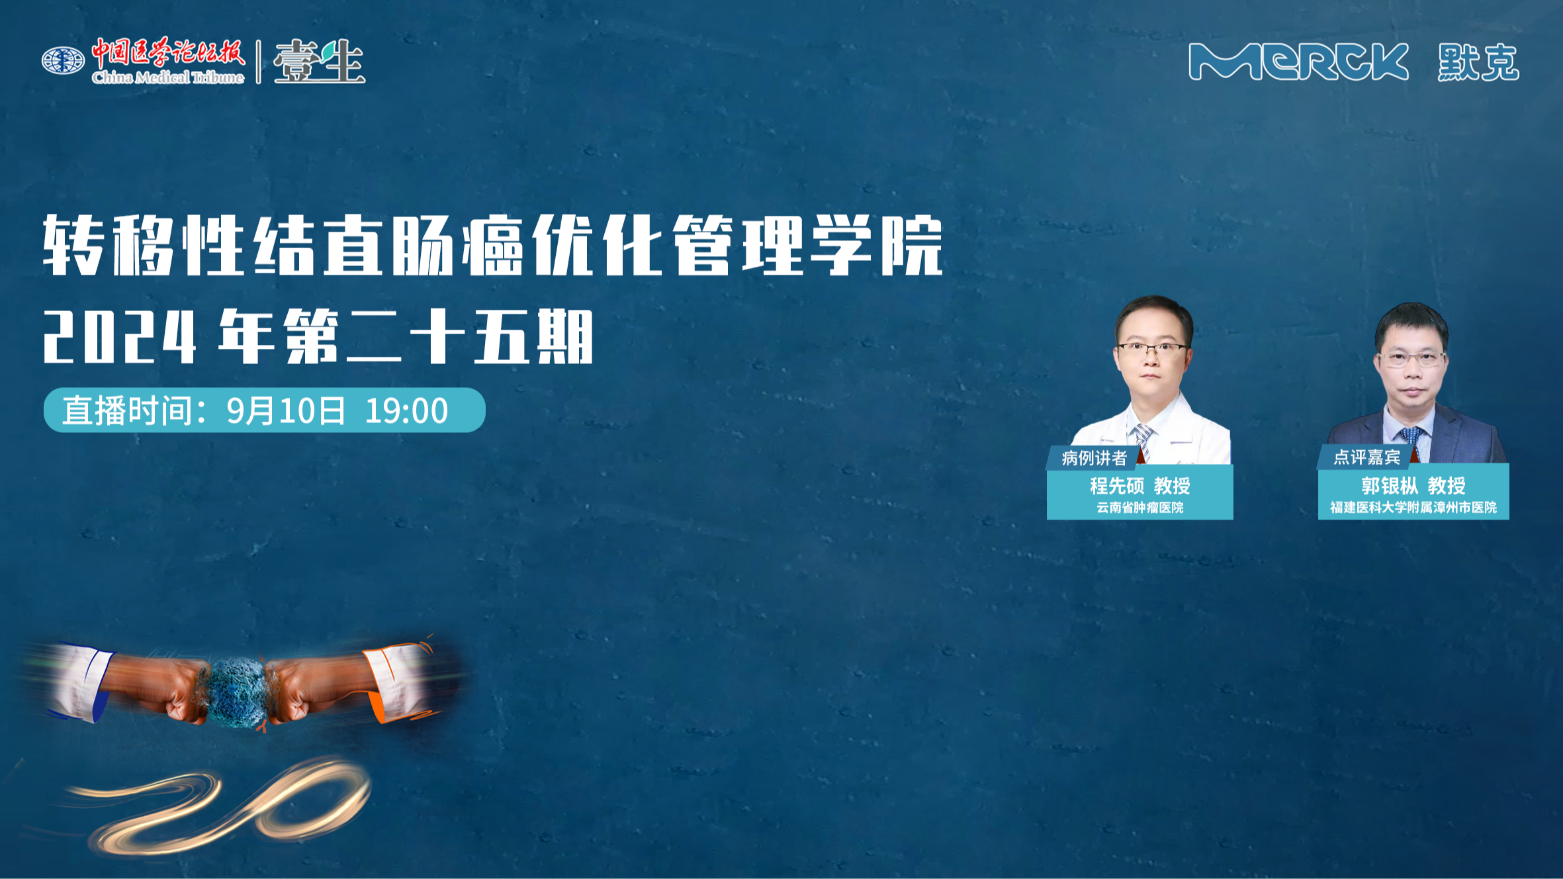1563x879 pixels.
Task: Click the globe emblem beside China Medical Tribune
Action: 63,61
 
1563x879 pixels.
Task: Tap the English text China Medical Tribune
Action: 168,77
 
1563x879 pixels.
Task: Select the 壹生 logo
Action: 319,62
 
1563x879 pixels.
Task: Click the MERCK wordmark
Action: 1298,62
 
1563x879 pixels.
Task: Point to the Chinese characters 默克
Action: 1478,62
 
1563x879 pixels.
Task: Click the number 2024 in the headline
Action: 120,338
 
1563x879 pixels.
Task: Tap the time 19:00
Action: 406,410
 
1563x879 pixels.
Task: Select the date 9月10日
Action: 286,410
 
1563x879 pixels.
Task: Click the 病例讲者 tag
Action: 1094,457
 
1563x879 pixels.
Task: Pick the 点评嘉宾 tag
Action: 1366,457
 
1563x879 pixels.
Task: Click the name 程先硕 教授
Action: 1139,486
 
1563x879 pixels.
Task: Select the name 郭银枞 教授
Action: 1413,486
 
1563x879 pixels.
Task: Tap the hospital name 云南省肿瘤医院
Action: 1139,508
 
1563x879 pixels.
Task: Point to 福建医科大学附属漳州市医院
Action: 1413,508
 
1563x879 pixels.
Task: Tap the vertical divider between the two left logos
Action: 259,62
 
